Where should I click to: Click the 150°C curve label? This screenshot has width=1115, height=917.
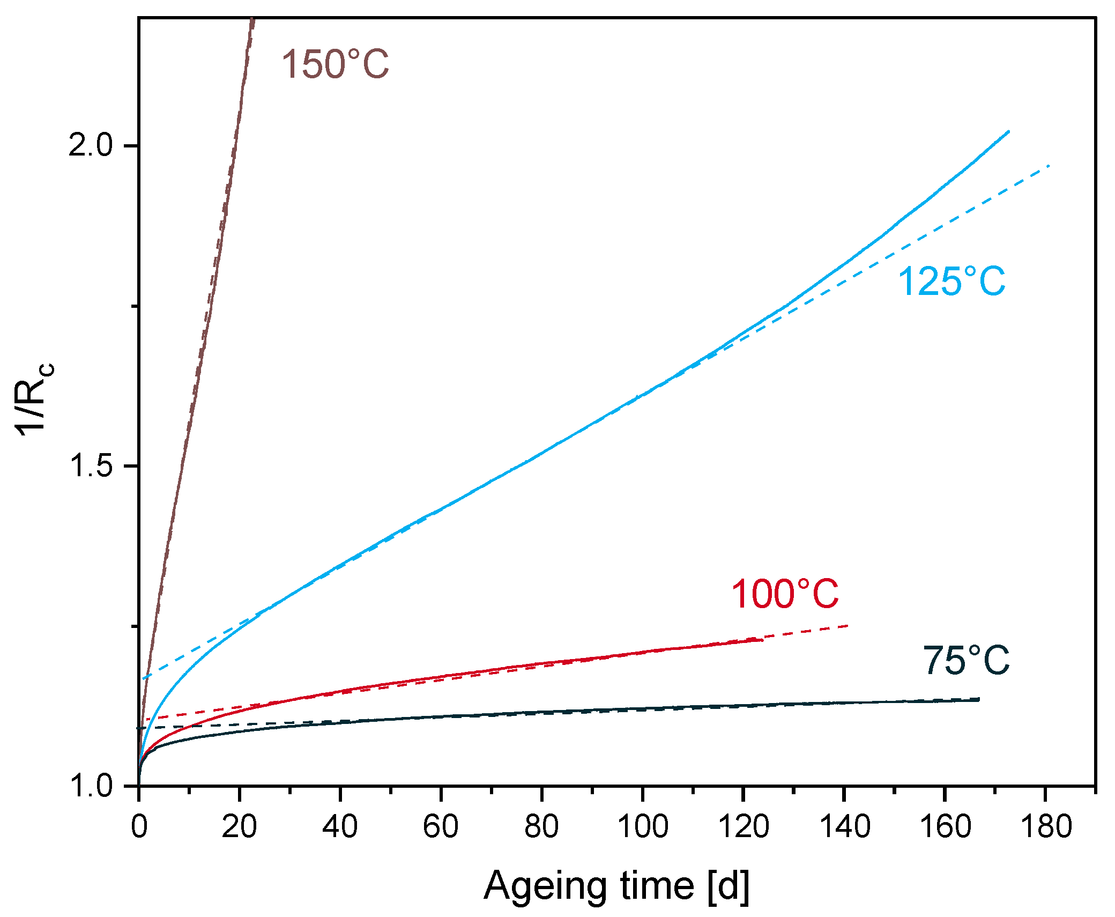[x=335, y=64]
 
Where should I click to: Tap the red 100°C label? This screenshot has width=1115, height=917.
[x=785, y=594]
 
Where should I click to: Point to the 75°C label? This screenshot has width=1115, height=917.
[x=966, y=661]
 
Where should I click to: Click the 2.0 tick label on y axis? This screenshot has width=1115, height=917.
[x=91, y=145]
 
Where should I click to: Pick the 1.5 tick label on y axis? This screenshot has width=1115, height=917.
[x=91, y=465]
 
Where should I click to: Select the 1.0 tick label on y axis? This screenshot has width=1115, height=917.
[x=91, y=785]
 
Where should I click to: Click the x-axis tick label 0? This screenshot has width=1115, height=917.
[x=139, y=826]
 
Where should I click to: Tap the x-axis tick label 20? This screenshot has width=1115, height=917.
[x=239, y=826]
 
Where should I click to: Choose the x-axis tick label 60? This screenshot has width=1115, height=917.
[x=440, y=826]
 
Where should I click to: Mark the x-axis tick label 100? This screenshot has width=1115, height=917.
[x=642, y=826]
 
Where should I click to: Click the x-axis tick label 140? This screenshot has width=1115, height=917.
[x=844, y=826]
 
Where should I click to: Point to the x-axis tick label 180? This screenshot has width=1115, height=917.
[x=1046, y=826]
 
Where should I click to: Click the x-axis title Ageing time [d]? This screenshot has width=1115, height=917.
[x=616, y=886]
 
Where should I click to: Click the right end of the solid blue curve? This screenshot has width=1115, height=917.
[x=1008, y=131]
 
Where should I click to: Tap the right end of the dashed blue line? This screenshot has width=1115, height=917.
[x=1048, y=166]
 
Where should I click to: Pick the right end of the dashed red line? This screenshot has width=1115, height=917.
[x=848, y=626]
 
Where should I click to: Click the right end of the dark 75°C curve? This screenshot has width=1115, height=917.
[x=978, y=699]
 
